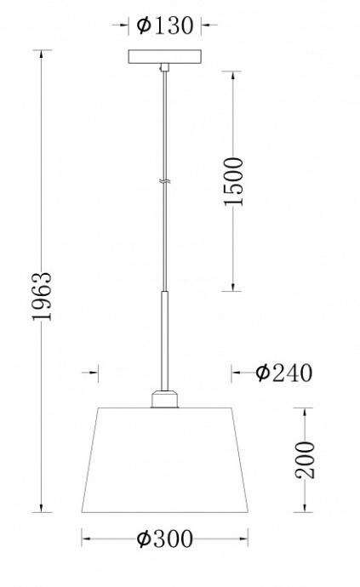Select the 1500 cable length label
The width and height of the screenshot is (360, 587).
tap(234, 180)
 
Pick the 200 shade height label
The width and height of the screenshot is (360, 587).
tap(306, 459)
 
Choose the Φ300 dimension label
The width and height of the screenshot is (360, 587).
tap(163, 539)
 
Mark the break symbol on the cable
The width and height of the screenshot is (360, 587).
tap(163, 181)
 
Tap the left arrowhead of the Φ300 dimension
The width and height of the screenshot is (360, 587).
tap(85, 539)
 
